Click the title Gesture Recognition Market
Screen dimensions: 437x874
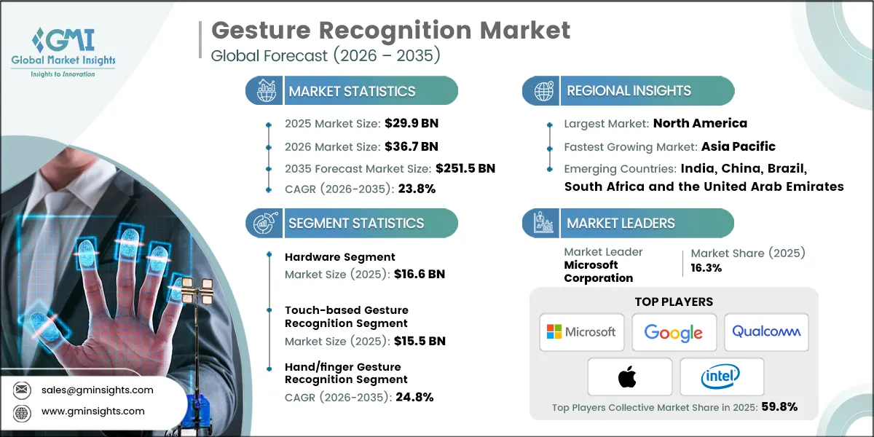point(390,31)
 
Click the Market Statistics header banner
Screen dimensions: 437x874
point(352,91)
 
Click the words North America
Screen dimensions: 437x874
point(700,123)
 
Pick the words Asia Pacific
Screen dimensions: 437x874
point(739,146)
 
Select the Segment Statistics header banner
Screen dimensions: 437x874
point(352,223)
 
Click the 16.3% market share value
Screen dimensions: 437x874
point(706,268)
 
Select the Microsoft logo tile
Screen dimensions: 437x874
point(582,332)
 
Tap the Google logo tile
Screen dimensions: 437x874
point(674,333)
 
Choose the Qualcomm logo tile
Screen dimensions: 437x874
point(765,332)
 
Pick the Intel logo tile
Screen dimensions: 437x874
point(721,377)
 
